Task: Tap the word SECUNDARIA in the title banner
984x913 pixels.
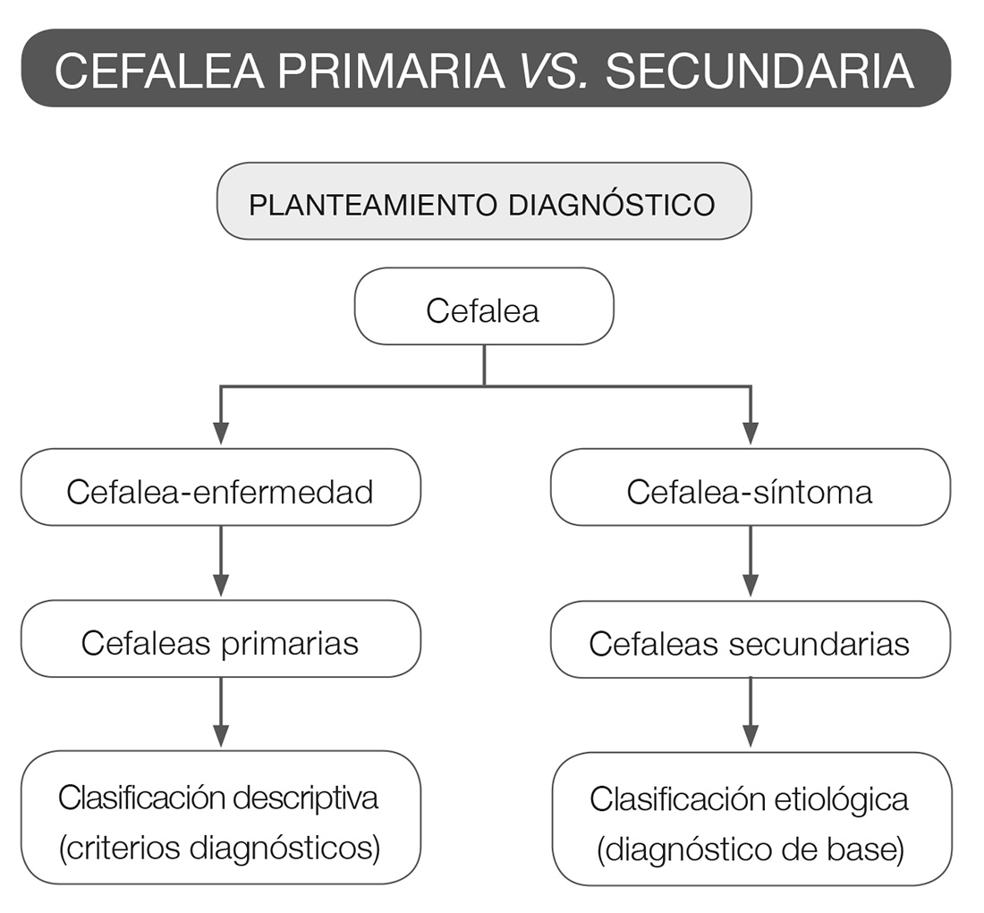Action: pos(759,71)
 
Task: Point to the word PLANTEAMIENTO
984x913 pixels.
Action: pos(373,204)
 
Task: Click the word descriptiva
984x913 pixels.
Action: pos(305,798)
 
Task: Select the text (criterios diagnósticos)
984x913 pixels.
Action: pos(220,847)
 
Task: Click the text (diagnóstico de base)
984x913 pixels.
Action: pos(750,849)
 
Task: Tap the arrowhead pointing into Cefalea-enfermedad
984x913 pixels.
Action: pos(220,434)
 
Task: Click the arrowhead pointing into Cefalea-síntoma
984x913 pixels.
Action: pos(751,434)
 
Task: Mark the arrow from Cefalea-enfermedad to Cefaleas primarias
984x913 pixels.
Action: pos(220,562)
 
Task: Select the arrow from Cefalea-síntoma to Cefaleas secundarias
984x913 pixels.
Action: pos(751,562)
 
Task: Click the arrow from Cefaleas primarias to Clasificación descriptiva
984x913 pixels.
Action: pos(220,713)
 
